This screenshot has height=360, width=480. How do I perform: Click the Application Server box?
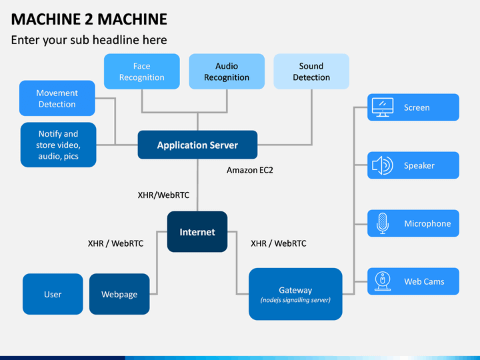click(x=197, y=145)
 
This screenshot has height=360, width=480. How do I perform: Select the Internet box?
click(x=197, y=232)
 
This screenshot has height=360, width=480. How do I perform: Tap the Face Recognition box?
click(x=142, y=71)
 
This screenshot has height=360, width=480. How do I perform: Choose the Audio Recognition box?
click(x=227, y=71)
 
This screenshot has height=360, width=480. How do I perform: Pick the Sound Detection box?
click(x=311, y=71)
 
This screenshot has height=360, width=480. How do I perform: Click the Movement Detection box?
click(x=57, y=98)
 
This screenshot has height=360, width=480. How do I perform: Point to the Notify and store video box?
click(x=58, y=145)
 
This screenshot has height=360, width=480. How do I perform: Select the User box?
click(x=53, y=294)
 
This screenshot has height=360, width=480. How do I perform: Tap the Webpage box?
click(x=119, y=294)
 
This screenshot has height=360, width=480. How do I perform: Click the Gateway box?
click(x=295, y=294)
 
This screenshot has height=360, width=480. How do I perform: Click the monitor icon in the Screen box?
click(x=383, y=107)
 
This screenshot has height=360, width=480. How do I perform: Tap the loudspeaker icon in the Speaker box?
click(x=383, y=165)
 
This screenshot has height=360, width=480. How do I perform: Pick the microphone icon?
click(x=383, y=223)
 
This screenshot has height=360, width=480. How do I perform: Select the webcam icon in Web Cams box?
click(x=383, y=281)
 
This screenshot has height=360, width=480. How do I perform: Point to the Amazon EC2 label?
click(x=250, y=170)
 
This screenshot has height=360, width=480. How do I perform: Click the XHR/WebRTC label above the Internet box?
click(x=163, y=195)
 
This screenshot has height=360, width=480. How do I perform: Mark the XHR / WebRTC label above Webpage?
click(x=115, y=243)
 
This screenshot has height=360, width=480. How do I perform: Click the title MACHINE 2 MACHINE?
click(x=89, y=19)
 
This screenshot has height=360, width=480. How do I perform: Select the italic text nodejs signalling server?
click(x=295, y=300)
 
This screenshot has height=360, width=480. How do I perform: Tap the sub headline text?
click(x=89, y=40)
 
